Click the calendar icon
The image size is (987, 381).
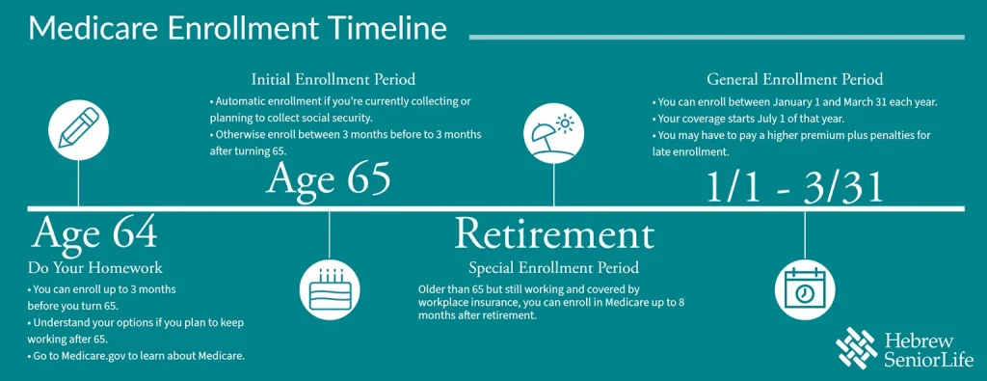tap(805, 288)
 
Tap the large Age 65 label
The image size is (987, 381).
tap(329, 179)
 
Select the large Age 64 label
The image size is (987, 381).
tap(94, 233)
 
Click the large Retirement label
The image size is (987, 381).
tap(553, 234)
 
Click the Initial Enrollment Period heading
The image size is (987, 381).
tap(333, 78)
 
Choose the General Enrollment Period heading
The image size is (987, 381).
tap(794, 79)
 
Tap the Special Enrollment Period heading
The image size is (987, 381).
tap(553, 267)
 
